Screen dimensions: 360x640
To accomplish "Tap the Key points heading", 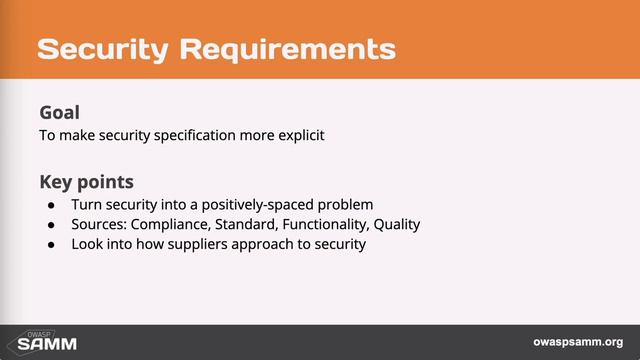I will pyautogui.click(x=87, y=183).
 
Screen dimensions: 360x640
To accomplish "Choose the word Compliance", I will pyautogui.click(x=169, y=224).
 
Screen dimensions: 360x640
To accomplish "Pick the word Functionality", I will pyautogui.click(x=323, y=224).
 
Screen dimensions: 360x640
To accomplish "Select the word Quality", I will pyautogui.click(x=395, y=224).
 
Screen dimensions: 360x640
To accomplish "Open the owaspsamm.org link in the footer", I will pyautogui.click(x=578, y=341).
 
